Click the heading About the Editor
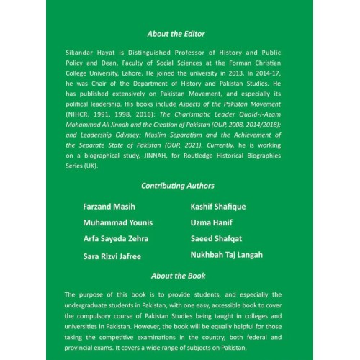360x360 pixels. pos(176,34)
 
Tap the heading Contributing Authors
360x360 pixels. pos(178,185)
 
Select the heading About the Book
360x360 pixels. pos(178,276)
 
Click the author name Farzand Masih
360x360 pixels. pos(109,207)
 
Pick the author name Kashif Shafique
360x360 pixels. pos(218,207)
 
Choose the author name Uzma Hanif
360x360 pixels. pos(212,222)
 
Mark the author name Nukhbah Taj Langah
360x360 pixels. pos(227,254)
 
